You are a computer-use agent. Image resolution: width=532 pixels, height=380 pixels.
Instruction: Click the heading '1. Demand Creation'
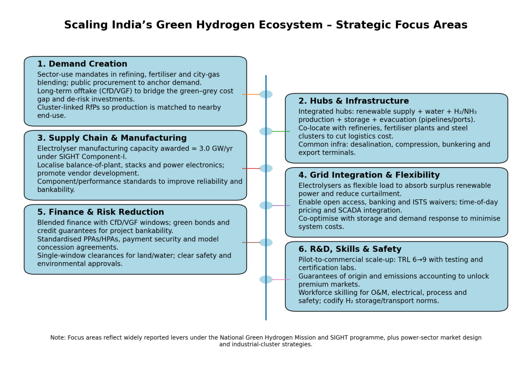click(x=82, y=64)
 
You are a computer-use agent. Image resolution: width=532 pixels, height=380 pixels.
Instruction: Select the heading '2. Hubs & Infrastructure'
click(x=353, y=101)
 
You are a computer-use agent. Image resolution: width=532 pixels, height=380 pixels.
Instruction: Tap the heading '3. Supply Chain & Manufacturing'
click(x=112, y=138)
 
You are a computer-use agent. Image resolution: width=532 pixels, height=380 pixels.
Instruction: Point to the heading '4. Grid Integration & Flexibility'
click(x=369, y=175)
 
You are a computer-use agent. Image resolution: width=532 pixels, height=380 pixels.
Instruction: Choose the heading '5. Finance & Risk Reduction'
click(x=101, y=212)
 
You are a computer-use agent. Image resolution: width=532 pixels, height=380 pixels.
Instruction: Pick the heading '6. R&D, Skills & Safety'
click(x=350, y=249)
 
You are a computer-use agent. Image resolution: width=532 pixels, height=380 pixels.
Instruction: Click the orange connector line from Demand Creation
click(x=251, y=94)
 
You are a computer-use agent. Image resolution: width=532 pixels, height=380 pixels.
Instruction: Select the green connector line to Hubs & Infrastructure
click(x=281, y=131)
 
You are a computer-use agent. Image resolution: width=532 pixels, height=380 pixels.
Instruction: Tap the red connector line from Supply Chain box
click(x=251, y=169)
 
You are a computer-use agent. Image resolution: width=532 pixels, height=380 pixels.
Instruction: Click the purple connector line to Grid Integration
click(x=281, y=206)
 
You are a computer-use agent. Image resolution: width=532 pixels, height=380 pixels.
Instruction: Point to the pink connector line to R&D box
click(x=281, y=280)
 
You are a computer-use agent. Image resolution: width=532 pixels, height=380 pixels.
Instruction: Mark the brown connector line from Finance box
click(x=251, y=243)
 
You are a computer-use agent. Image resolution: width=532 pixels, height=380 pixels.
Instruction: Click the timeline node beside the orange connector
click(x=266, y=94)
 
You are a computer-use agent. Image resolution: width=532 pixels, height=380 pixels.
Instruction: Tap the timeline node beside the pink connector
click(x=266, y=280)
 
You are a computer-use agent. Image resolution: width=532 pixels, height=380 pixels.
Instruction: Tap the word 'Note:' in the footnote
click(x=58, y=337)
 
